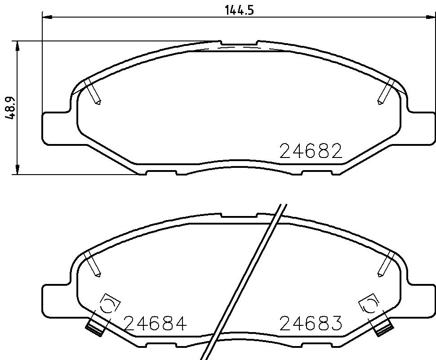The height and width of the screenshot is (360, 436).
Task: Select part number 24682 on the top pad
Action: click(311, 151)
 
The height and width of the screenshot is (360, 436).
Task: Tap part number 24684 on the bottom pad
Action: click(155, 323)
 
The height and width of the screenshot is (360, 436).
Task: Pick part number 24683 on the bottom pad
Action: click(311, 323)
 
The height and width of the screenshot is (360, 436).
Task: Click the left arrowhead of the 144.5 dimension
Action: click(47, 17)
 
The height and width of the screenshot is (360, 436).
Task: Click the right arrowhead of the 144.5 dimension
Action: click(431, 17)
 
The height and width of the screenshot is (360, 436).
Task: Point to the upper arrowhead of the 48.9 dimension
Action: click(17, 46)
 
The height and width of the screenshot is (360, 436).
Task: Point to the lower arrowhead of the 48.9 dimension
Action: click(17, 170)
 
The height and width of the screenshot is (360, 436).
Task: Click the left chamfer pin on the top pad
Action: click(93, 92)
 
